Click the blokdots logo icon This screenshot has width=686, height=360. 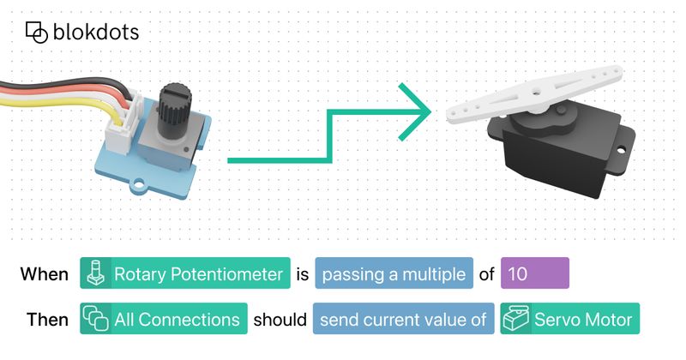pos(36,33)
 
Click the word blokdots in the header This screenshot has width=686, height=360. pos(96,32)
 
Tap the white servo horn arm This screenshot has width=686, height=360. pos(534,93)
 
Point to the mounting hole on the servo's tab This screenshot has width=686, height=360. pos(621,151)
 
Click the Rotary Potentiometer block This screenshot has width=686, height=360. pos(185,273)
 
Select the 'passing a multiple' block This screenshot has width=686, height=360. pos(394,273)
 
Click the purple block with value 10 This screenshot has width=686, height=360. pos(534,273)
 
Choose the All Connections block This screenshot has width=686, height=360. pos(164,319)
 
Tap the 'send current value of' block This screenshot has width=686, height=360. pos(403,319)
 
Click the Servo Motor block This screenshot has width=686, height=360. pos(569,319)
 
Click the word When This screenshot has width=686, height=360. pos(45,274)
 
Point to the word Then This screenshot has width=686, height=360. pos(47,320)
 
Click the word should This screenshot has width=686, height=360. pos(280,320)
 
